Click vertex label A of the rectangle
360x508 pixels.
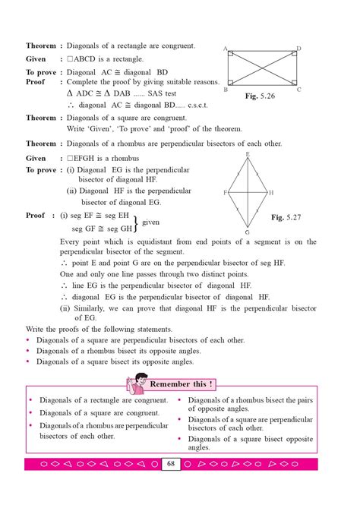(x=226, y=49)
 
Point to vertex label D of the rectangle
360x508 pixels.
(x=298, y=49)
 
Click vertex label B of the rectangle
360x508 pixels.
(x=226, y=90)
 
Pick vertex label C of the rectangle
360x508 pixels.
(x=298, y=90)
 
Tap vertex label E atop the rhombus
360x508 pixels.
(x=248, y=154)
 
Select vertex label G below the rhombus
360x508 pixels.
(x=248, y=232)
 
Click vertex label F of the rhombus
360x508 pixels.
(x=225, y=193)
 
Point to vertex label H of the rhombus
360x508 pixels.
(x=271, y=193)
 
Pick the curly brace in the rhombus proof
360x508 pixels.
(x=137, y=222)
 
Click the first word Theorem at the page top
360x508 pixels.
(x=41, y=46)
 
